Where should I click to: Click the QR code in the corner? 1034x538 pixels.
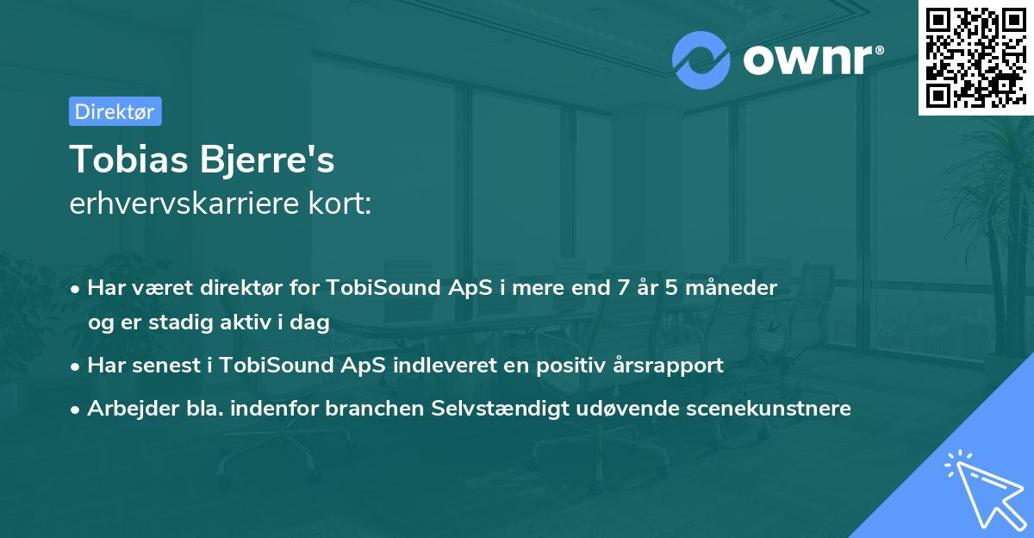975,58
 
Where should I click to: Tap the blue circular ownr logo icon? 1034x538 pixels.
701,59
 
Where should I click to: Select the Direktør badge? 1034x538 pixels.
115,111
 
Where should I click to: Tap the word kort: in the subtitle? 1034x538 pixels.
344,204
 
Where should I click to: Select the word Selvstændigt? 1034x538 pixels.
500,409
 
